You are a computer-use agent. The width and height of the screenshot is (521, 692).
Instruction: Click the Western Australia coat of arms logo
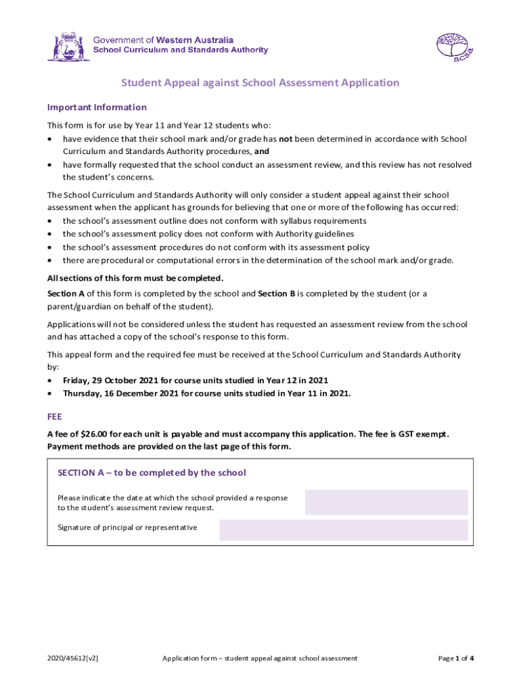(x=68, y=46)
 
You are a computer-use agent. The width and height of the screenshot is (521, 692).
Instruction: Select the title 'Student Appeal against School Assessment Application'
(x=260, y=83)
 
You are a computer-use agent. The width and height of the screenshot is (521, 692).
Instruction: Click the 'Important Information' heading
(x=97, y=107)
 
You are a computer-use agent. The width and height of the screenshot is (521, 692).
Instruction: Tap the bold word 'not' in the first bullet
(x=286, y=139)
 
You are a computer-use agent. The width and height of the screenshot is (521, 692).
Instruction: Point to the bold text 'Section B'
(x=277, y=294)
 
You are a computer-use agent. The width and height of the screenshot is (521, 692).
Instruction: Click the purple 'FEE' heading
(x=55, y=418)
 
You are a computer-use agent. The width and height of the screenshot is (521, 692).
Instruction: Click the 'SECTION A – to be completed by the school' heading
(x=152, y=473)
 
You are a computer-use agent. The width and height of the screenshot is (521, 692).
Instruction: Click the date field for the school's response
(x=386, y=503)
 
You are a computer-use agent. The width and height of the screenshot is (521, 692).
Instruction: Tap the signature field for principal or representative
(x=344, y=530)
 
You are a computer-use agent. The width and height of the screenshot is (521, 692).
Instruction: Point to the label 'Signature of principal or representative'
(x=127, y=527)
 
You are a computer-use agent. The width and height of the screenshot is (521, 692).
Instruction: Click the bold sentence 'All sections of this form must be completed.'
(x=135, y=278)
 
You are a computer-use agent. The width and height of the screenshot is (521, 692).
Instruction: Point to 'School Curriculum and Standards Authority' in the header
(x=180, y=50)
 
